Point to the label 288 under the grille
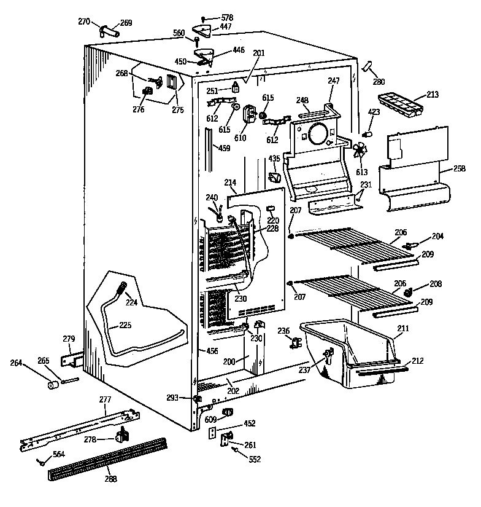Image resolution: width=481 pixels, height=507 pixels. point(111,479)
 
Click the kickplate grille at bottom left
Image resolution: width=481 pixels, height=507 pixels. point(107,458)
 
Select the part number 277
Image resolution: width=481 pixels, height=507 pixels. point(106,399)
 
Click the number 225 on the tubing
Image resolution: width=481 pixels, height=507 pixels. point(125,324)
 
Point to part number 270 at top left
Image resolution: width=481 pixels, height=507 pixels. point(84,21)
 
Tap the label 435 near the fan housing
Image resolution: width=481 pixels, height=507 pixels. point(274,159)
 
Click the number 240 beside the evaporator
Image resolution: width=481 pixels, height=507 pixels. point(212,197)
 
